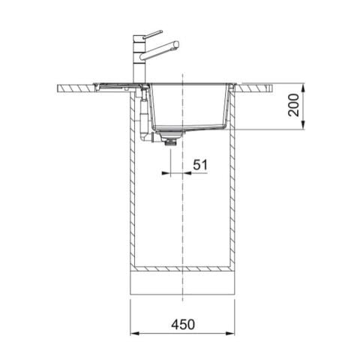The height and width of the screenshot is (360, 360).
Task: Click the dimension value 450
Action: point(183,324)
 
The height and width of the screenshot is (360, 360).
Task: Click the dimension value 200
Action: point(294,105)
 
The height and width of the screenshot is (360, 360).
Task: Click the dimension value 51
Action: point(201,164)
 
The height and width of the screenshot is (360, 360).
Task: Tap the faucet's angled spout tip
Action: point(175,44)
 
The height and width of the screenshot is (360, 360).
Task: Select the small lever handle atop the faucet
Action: point(154,33)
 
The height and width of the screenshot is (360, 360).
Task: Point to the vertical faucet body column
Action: point(139,64)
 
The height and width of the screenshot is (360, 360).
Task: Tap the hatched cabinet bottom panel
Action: point(183,268)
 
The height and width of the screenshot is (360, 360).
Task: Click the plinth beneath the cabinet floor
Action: point(183,283)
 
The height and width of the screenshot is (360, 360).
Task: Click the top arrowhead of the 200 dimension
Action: point(304,85)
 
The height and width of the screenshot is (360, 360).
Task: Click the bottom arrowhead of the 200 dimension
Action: point(304,127)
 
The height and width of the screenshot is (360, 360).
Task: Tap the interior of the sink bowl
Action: point(187,105)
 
